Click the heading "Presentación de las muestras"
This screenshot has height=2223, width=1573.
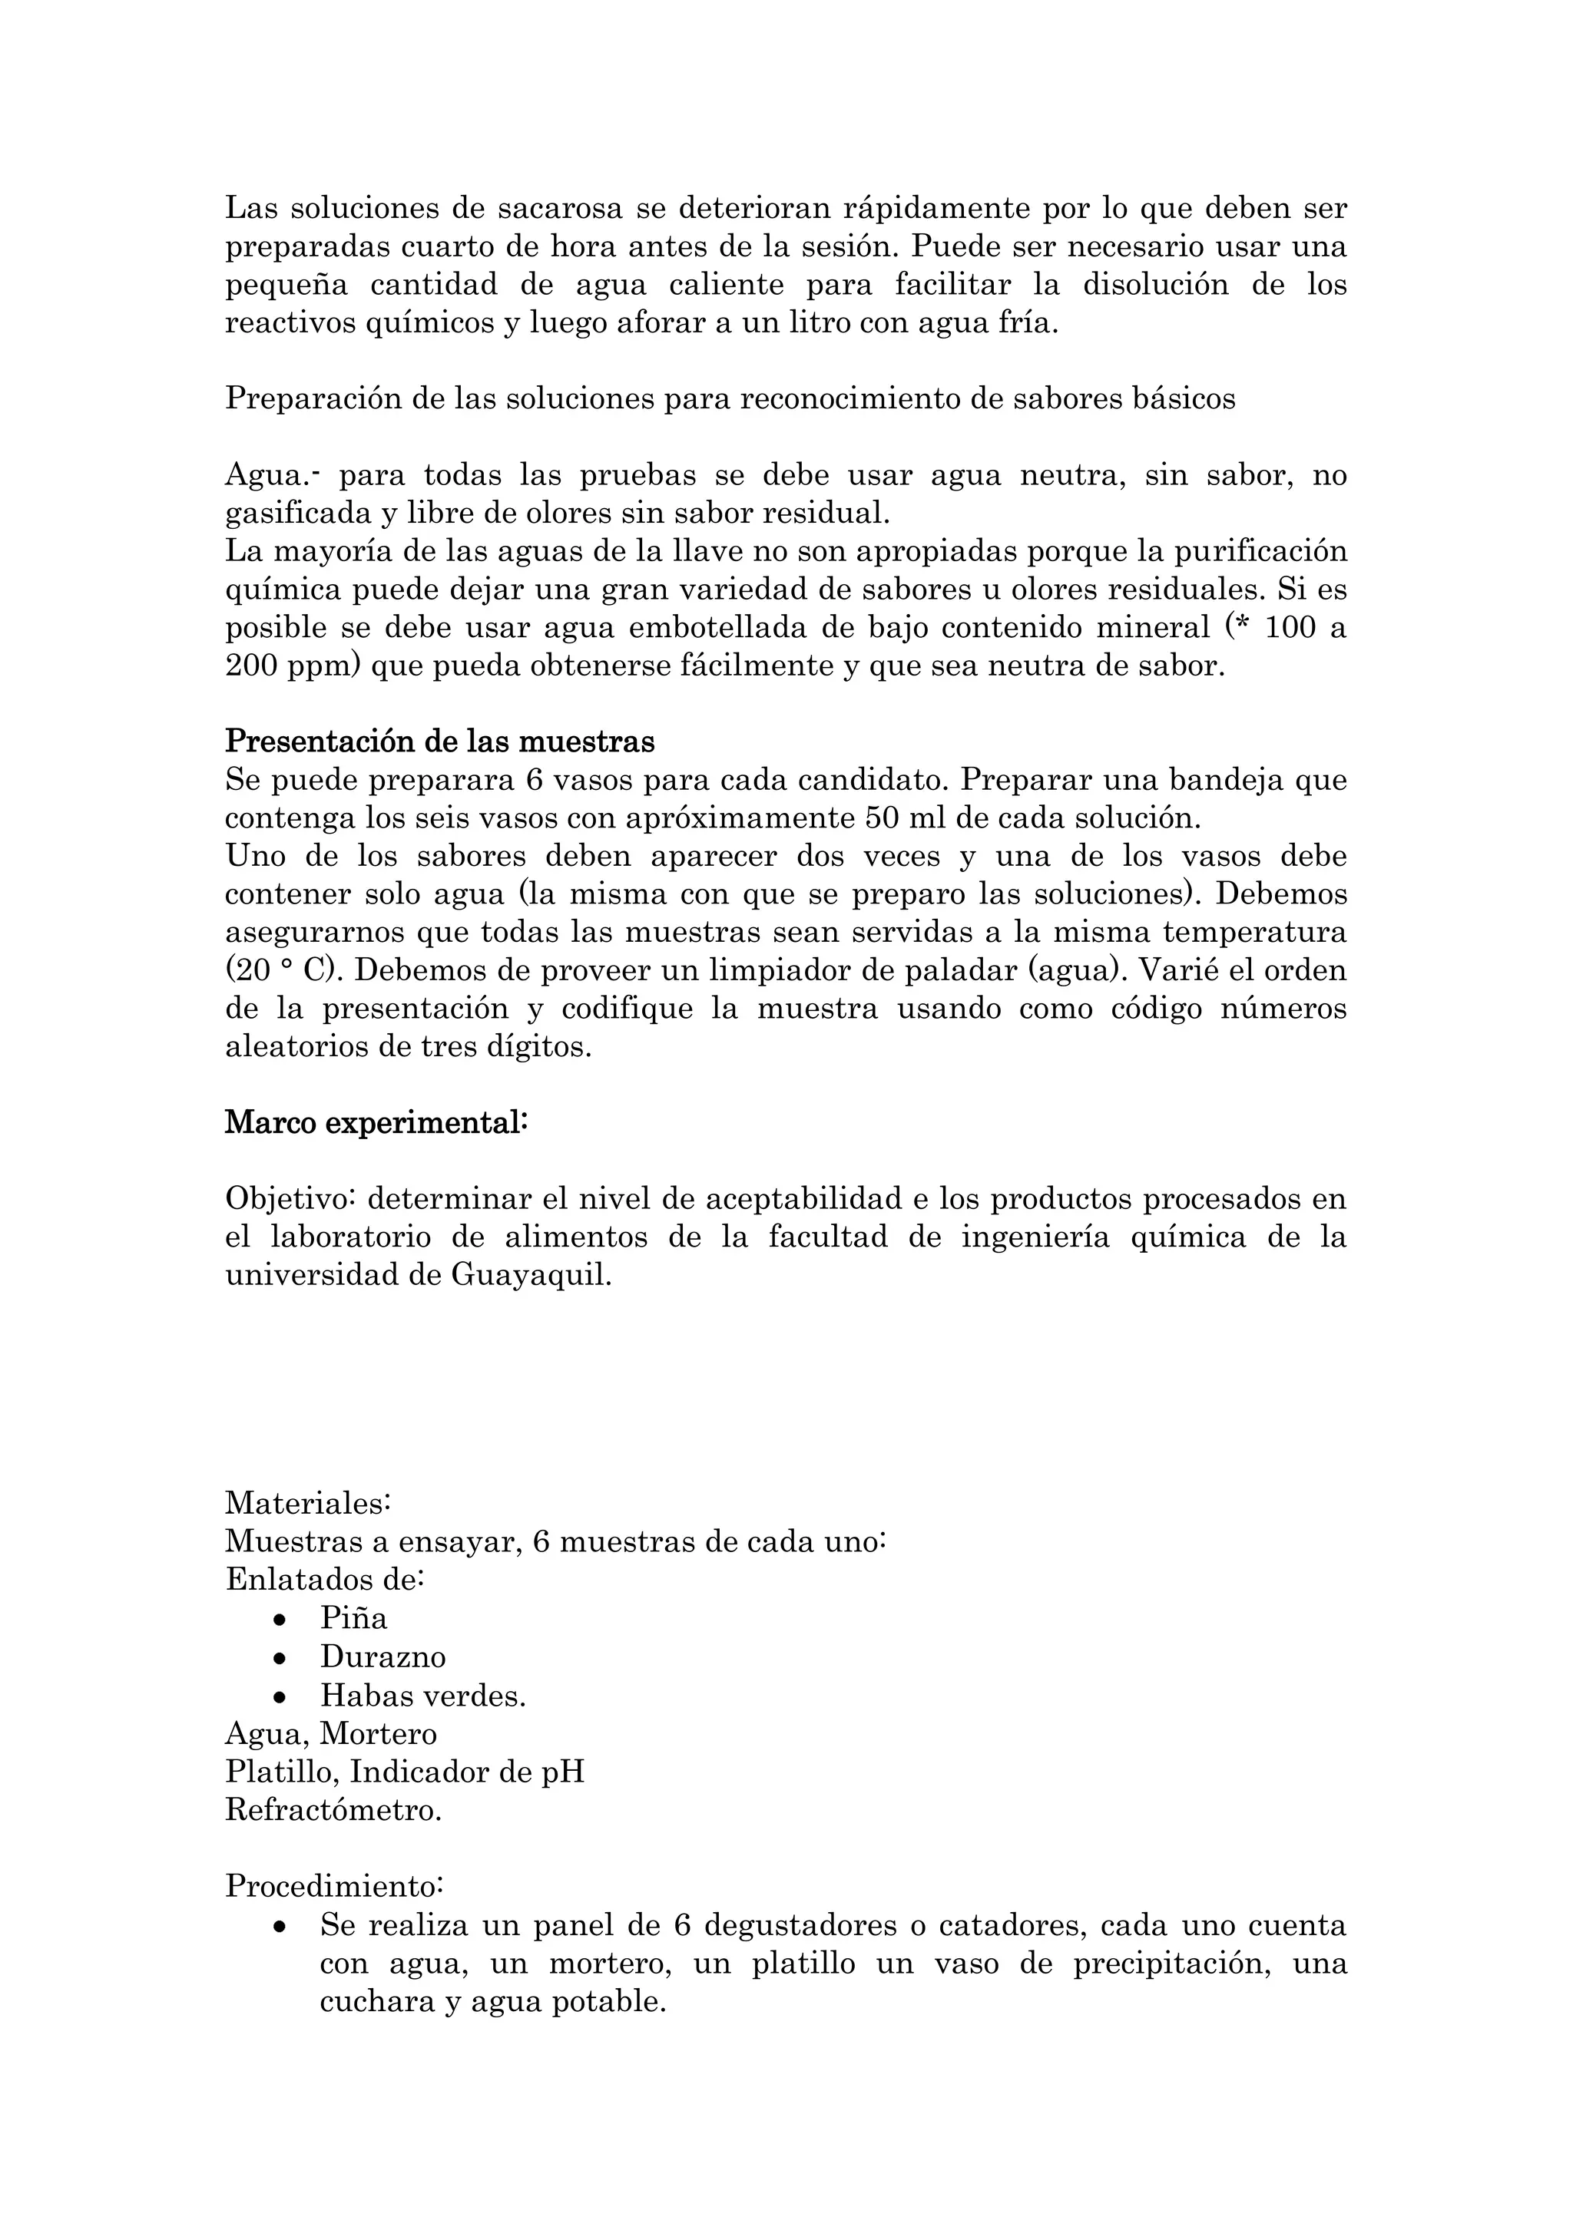440,742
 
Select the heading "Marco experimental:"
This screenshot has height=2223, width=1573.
376,1123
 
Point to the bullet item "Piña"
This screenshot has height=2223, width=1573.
353,1618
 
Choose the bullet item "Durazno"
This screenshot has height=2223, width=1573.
382,1657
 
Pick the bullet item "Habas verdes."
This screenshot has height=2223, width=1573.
423,1696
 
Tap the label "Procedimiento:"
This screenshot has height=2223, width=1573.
334,1886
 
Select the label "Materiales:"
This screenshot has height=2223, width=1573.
308,1504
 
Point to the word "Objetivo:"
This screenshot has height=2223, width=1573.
292,1199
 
